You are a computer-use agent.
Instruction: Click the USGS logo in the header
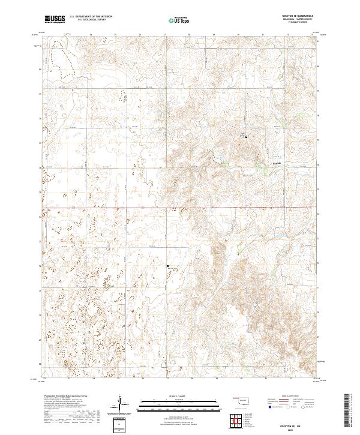click(x=55, y=19)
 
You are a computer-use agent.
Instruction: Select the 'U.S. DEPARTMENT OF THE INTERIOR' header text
click(x=91, y=17)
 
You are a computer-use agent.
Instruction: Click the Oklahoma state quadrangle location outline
click(x=244, y=400)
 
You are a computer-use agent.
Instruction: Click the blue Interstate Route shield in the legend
click(x=269, y=406)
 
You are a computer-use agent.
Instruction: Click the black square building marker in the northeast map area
click(x=246, y=137)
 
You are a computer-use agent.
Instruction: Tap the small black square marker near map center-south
click(x=167, y=265)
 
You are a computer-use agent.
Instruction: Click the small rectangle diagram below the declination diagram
click(x=122, y=424)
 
